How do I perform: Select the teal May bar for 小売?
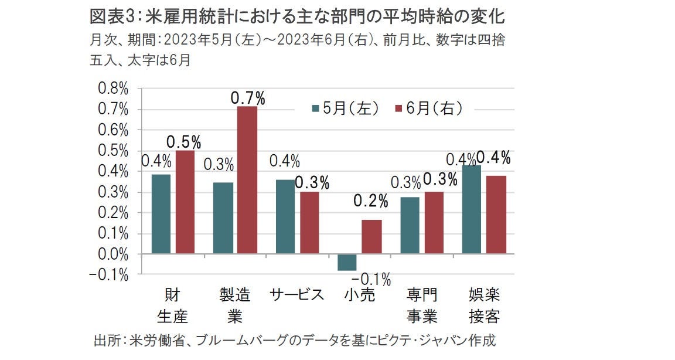coord(346,262)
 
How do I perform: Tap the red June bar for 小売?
coord(371,237)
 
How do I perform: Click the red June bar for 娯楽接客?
coord(496,215)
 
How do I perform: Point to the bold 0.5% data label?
coord(184,142)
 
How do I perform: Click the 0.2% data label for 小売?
coord(370,202)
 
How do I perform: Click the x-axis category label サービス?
coord(296,294)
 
